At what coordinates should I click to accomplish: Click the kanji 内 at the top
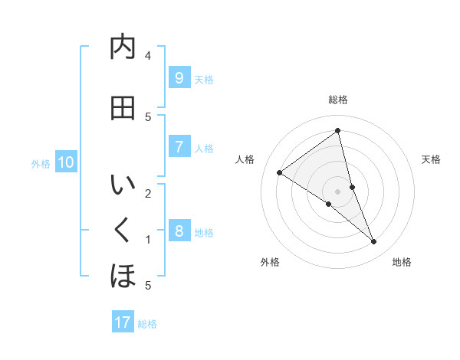tap(123, 47)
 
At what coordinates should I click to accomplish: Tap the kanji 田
tap(123, 108)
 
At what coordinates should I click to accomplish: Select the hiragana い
tap(123, 186)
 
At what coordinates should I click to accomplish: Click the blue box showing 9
tap(179, 78)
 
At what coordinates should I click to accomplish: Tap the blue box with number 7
tap(179, 147)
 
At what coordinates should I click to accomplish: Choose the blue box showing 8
tap(179, 231)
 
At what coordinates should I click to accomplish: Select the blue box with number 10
tap(66, 162)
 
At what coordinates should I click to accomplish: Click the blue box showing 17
tap(123, 322)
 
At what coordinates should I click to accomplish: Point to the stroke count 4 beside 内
tap(148, 56)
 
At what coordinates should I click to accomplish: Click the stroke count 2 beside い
tap(148, 193)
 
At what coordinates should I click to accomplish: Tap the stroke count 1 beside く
tap(148, 240)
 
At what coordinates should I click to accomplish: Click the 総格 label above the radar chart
tap(337, 100)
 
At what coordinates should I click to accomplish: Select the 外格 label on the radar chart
tap(270, 262)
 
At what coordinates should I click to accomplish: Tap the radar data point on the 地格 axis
tap(374, 242)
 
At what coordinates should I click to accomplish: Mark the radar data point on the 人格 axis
tap(279, 173)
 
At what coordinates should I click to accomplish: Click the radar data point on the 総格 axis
tap(337, 131)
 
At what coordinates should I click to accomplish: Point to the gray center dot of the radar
tap(337, 191)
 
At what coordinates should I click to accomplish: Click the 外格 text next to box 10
tap(41, 163)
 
